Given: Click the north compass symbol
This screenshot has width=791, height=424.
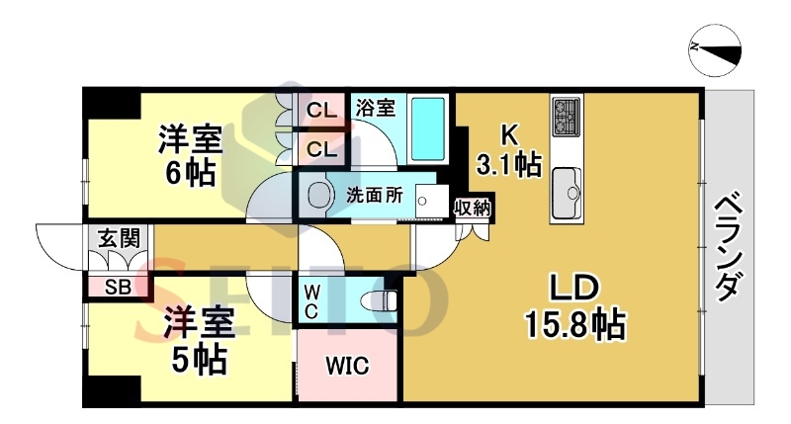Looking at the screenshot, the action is point(715,50).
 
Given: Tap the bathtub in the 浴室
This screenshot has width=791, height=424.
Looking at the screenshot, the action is point(428,128).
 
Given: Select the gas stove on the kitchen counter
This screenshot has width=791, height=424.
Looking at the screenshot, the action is point(567,117).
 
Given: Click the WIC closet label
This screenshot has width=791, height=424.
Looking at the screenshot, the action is point(347,366).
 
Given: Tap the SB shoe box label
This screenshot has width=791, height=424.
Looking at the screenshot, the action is point(118,288).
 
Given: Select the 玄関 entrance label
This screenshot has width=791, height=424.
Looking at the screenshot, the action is point(119,238).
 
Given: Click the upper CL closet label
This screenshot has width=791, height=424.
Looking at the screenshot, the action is point(321,110).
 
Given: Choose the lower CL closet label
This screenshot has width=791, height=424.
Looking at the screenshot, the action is point(321,149).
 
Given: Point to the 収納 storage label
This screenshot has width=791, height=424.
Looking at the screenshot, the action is point(473,208).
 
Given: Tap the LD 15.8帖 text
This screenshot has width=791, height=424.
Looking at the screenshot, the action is point(575,306).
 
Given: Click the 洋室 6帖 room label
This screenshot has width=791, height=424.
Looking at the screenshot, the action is point(190,155).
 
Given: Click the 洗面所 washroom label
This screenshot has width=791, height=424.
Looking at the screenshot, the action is point(375,195).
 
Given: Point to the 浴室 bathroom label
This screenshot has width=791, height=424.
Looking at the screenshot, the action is point(376,108).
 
